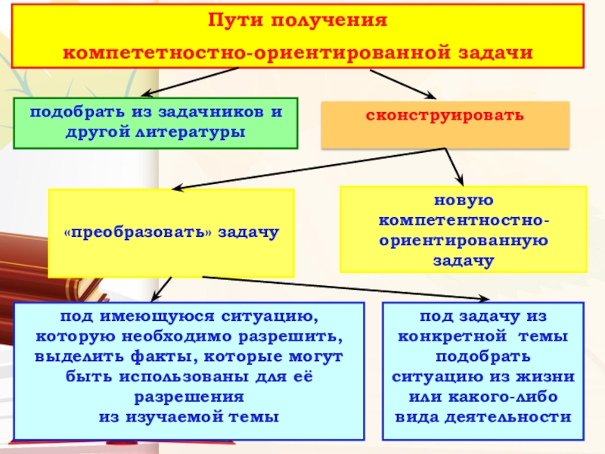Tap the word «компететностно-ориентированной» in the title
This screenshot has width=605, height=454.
(257, 54)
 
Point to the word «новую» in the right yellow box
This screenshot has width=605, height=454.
(464, 201)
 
